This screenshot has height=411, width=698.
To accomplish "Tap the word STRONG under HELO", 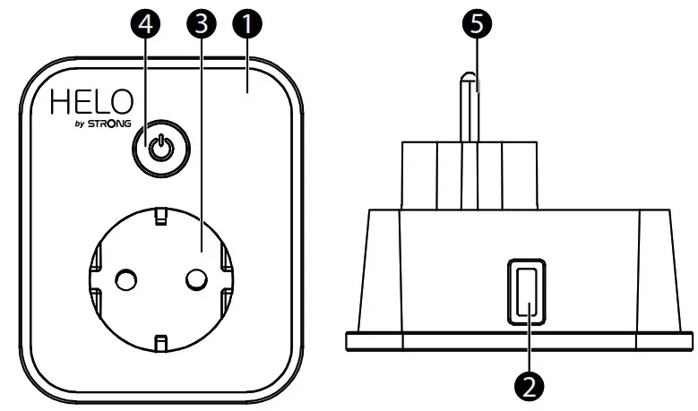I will point(110,124).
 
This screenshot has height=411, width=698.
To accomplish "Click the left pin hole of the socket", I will point(127,281).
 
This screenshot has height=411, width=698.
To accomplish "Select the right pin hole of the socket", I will point(194,281).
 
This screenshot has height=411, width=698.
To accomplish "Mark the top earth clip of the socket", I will point(160,217).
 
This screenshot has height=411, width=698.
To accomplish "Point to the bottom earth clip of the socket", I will point(160,343).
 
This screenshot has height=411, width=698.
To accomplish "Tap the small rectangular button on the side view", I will point(526,290).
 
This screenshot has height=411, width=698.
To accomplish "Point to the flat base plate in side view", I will point(520,340).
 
